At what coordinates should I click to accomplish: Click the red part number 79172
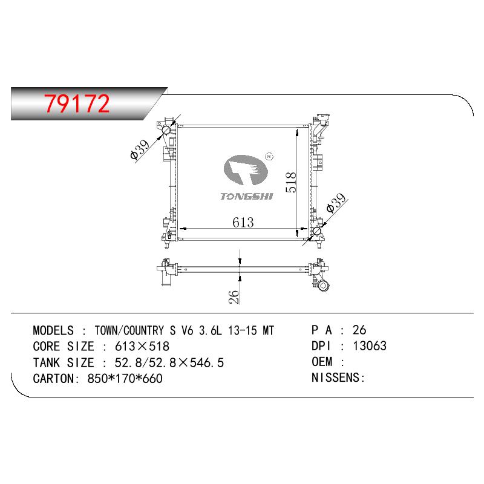(77, 103)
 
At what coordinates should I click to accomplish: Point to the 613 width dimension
(243, 222)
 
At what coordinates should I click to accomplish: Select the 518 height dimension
(291, 183)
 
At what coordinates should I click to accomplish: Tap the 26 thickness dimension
(234, 297)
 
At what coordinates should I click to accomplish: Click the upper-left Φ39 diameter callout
(140, 149)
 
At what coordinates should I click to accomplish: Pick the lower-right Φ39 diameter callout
(336, 203)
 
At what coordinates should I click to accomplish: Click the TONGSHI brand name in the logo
(247, 196)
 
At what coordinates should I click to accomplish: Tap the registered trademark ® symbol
(269, 157)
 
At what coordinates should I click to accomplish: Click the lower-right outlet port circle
(316, 231)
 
